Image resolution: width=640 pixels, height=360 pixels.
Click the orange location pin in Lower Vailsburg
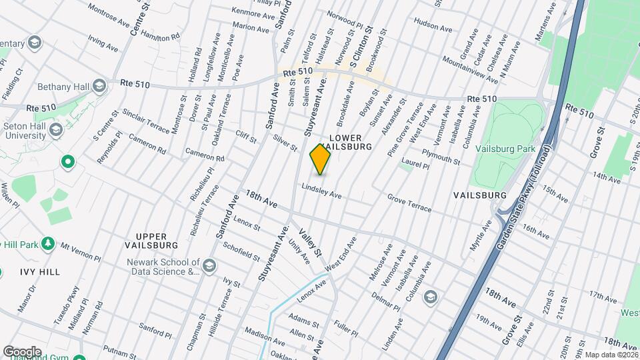(320, 159)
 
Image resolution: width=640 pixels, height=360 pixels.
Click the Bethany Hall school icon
(99, 85)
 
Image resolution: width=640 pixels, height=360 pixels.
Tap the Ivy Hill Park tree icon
(47, 244)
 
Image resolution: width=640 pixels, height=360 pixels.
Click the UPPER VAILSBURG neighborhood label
(155, 241)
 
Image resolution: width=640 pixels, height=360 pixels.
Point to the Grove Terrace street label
(409, 203)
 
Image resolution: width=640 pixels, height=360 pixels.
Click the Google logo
(22, 351)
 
